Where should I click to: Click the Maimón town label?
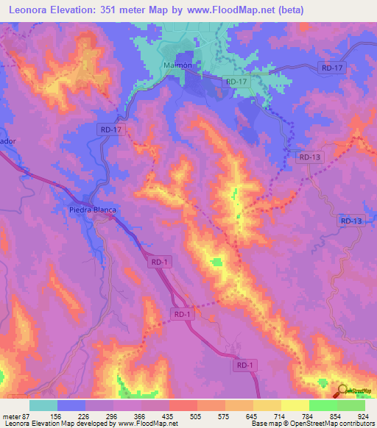pos(176,65)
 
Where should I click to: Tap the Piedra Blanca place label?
pos(94,210)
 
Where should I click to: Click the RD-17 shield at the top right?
pos(332,68)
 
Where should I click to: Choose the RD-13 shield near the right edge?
pos(352,221)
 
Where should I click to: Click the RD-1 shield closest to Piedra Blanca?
pos(161,262)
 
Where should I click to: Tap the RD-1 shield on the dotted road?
pos(183,314)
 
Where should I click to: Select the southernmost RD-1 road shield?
pos(245,365)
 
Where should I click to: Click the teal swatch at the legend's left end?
pos(43,405)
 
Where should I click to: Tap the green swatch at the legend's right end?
pos(351,405)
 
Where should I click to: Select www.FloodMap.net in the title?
pos(233,10)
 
